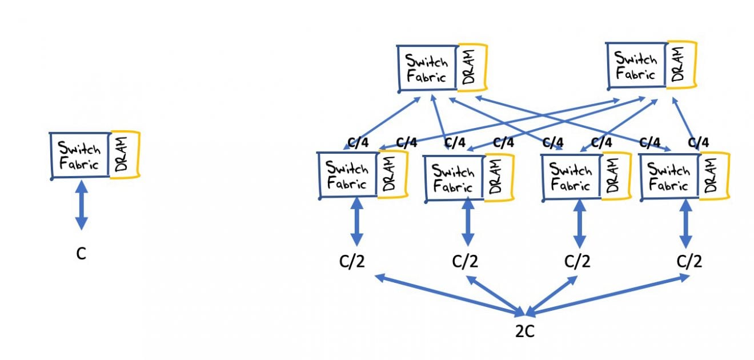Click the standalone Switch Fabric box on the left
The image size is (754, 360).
[x=80, y=155]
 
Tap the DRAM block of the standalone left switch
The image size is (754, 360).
[x=125, y=155]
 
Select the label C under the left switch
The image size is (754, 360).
[x=81, y=254]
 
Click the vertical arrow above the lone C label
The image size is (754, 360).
[x=81, y=204]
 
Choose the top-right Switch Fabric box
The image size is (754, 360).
[x=636, y=66]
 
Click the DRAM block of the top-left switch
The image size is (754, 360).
[x=472, y=67]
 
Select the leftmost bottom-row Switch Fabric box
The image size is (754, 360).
[x=347, y=175]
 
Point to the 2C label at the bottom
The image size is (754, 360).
[x=524, y=331]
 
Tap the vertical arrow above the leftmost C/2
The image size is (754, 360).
[x=357, y=223]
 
